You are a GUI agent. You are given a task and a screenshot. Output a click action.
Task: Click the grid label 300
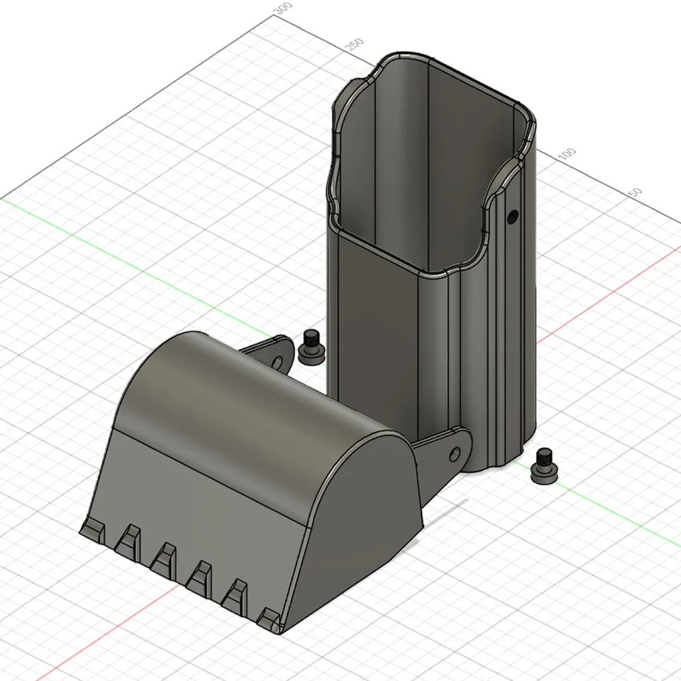[x=283, y=9]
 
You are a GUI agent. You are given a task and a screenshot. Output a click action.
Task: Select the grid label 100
[x=567, y=153]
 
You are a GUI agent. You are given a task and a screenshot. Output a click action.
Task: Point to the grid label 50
[x=635, y=192]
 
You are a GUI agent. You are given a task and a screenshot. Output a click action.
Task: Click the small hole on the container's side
[x=513, y=215]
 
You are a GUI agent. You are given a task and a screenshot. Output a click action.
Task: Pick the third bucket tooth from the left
[x=165, y=557]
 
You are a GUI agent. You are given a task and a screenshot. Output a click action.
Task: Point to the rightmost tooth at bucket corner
[x=270, y=619]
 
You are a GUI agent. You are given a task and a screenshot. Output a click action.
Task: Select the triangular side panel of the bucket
[x=362, y=525]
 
